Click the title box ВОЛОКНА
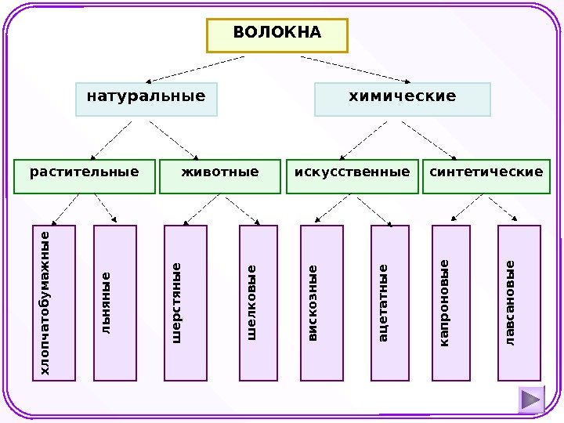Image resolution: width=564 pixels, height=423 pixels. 277,34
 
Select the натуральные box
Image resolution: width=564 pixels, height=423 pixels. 146,99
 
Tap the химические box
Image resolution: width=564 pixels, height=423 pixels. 402,99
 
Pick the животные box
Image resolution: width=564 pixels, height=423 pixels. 219,176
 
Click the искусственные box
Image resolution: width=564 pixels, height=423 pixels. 352,176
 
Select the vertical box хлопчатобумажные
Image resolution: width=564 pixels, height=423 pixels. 54,302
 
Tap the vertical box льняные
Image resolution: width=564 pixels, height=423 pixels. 115,302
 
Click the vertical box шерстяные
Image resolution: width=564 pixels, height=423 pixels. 185,302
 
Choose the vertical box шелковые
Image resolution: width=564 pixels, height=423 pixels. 258,302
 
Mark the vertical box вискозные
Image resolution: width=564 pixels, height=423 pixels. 322,302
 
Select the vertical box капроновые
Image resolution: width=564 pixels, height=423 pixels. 451,302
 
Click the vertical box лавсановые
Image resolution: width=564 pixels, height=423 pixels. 519,302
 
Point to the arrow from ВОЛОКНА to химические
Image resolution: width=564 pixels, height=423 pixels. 356,69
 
